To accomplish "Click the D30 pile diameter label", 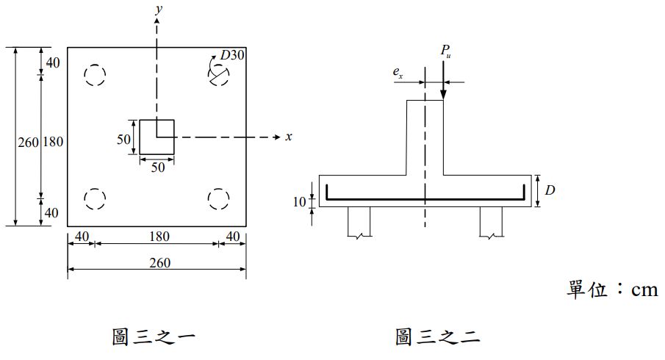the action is click(232, 54).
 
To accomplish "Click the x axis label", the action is click(289, 137).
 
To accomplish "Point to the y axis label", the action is click(159, 10).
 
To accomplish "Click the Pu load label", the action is click(445, 51).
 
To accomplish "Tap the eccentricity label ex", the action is click(398, 73).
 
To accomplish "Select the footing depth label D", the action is click(550, 190).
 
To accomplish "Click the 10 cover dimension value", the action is click(299, 202).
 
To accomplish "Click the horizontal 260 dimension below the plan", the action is click(160, 263).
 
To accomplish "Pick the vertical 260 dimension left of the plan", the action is click(28, 142).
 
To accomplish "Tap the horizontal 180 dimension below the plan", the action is click(159, 236).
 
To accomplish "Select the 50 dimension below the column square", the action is click(158, 167).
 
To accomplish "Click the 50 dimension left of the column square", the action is click(124, 139).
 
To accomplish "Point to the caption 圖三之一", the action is click(154, 336).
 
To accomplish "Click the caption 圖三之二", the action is click(437, 336).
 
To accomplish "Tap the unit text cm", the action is click(644, 290).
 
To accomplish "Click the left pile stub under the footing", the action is click(359, 222).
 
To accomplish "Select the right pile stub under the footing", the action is click(491, 222).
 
